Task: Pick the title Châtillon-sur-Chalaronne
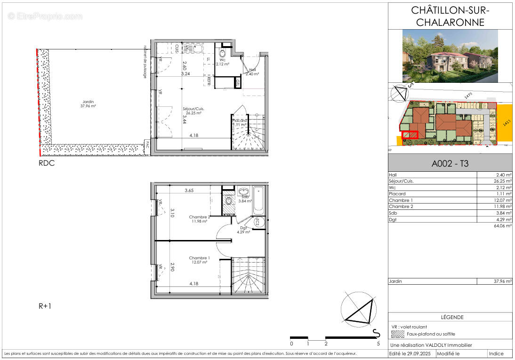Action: pyautogui.click(x=451, y=16)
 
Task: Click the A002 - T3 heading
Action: pyautogui.click(x=450, y=164)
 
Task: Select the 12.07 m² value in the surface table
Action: pyautogui.click(x=502, y=200)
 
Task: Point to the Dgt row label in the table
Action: pyautogui.click(x=393, y=219)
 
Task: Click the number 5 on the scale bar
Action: pyautogui.click(x=378, y=344)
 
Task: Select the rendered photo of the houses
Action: pyautogui.click(x=450, y=56)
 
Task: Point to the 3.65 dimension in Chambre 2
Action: pyautogui.click(x=189, y=191)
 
